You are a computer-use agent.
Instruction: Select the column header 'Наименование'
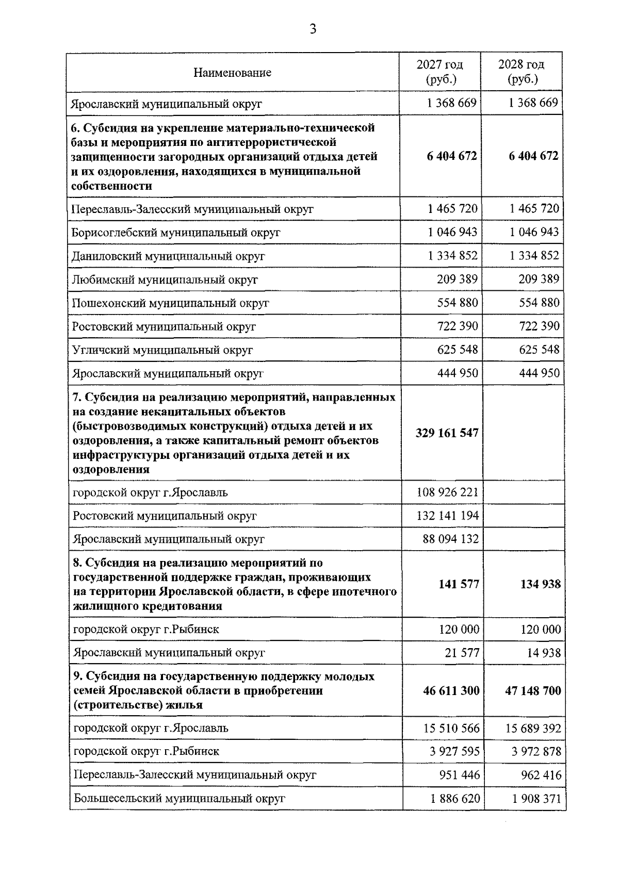[x=232, y=73]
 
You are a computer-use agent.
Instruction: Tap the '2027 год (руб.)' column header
[x=440, y=72]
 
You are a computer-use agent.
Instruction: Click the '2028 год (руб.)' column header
[x=522, y=72]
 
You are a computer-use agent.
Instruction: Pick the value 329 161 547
[x=447, y=433]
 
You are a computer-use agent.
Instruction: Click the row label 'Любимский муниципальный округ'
[x=165, y=280]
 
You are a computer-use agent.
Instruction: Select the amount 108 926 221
[x=447, y=492]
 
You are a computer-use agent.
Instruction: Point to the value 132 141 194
[x=447, y=516]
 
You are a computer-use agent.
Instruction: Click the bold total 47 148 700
[x=532, y=690]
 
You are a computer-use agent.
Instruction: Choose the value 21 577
[x=462, y=653]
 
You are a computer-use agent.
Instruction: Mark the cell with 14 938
[x=543, y=653]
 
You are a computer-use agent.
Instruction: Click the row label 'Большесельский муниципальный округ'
[x=179, y=799]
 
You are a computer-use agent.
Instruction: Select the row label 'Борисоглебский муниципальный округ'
[x=175, y=233]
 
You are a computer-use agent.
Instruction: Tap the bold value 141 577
[x=459, y=584]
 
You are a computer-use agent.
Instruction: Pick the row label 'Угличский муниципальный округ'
[x=162, y=350]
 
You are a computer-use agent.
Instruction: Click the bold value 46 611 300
[x=451, y=690]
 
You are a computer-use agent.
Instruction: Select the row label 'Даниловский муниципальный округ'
[x=168, y=256]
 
